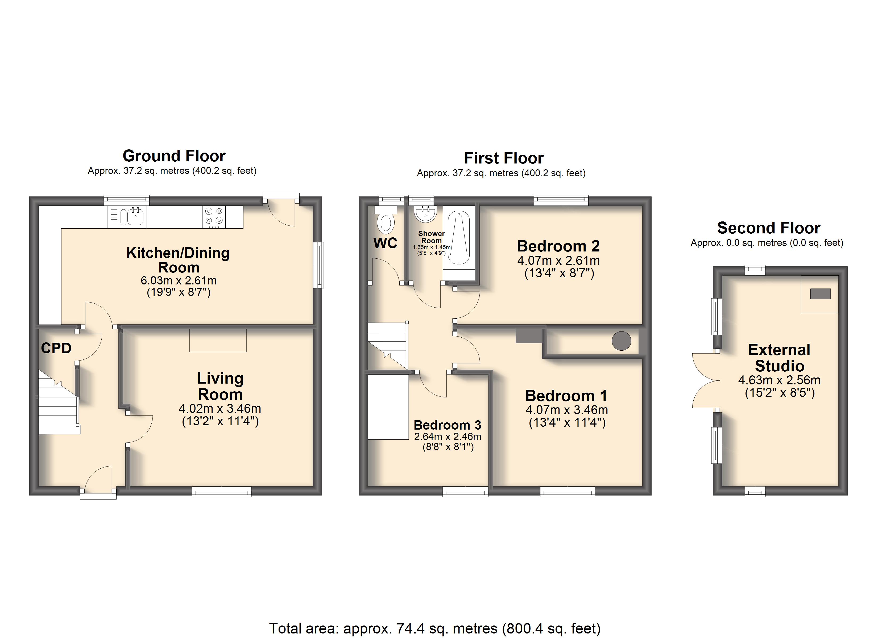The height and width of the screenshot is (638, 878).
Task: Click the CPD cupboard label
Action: (x=56, y=348)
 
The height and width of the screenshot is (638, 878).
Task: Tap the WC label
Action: (x=385, y=243)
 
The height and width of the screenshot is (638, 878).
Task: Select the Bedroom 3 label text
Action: (x=448, y=425)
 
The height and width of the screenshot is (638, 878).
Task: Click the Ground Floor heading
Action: (x=174, y=156)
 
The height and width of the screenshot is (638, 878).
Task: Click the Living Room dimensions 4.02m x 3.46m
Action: (x=220, y=409)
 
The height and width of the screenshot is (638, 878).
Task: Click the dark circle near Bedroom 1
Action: (x=621, y=341)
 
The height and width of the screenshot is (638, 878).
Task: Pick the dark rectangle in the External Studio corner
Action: (x=820, y=294)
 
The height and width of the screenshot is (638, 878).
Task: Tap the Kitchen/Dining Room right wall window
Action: (x=318, y=265)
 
